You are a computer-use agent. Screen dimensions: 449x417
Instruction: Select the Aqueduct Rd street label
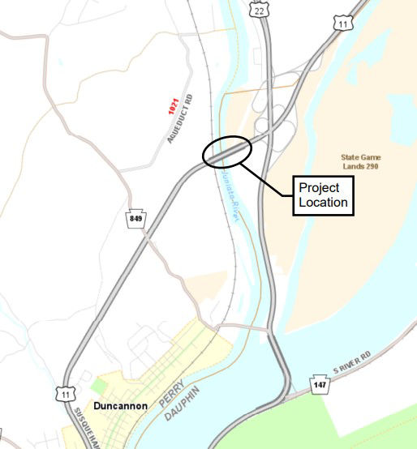181,119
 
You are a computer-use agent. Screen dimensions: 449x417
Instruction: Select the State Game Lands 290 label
361,161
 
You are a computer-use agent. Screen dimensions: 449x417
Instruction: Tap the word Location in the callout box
323,202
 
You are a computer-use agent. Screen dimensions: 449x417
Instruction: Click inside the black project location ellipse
227,151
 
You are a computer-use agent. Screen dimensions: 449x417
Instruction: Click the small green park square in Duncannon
99,386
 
